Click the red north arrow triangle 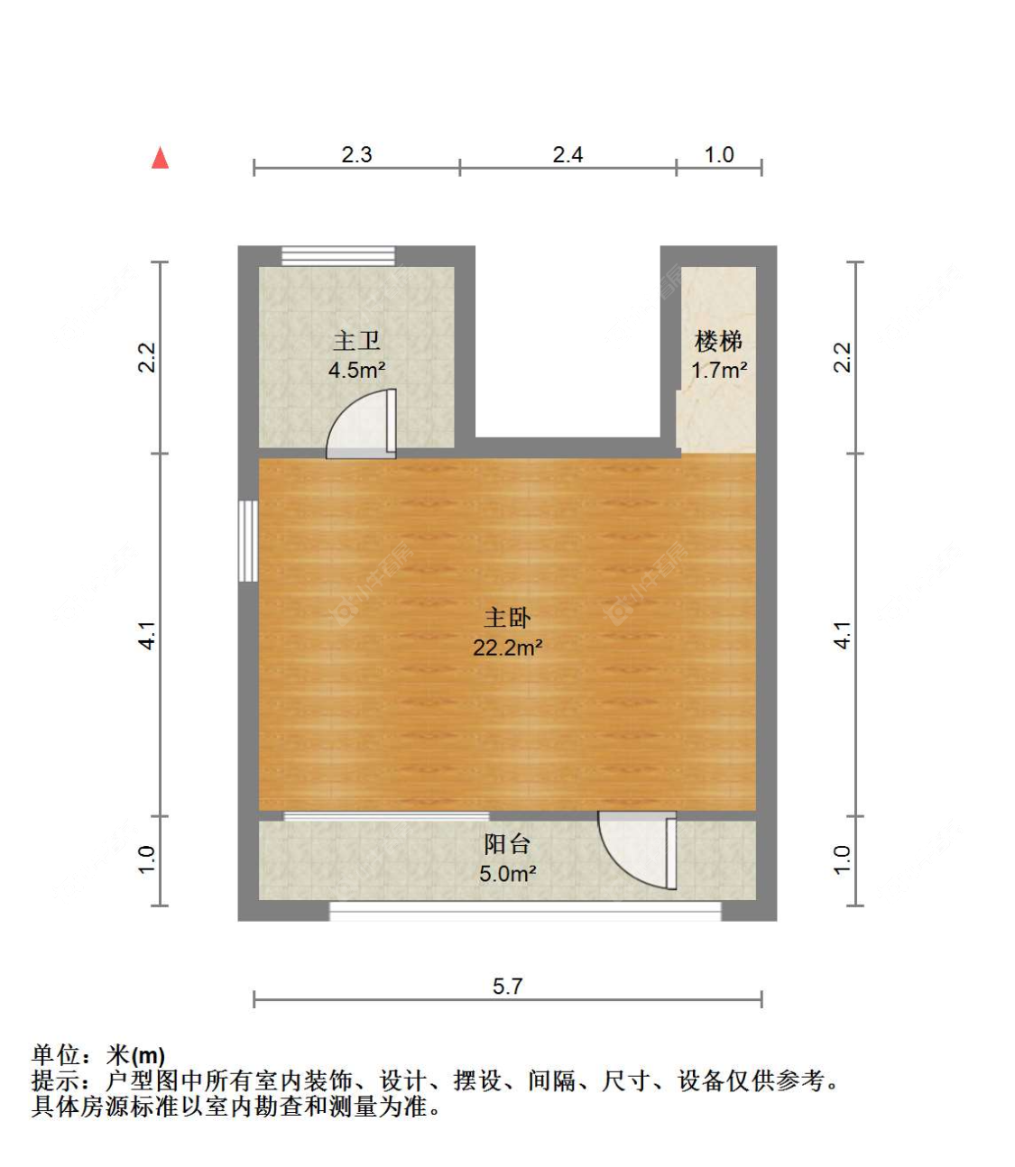pos(161,159)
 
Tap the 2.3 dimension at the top pos(356,155)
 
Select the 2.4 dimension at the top pos(567,155)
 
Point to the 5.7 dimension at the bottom pos(507,986)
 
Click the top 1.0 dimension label pos(719,155)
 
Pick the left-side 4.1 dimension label pos(148,635)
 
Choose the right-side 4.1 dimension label pos(842,635)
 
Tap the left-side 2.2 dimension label pos(148,357)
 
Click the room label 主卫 pos(356,341)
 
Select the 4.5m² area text pos(356,370)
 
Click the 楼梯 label pos(718,341)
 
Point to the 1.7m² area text pos(718,370)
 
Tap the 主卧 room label pos(507,618)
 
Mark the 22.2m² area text pos(507,648)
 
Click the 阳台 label pos(507,844)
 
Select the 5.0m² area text pos(507,874)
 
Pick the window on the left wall pos(248,541)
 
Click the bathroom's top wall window pos(337,256)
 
